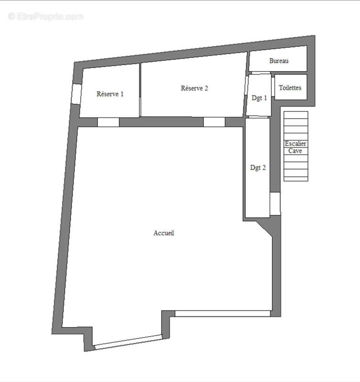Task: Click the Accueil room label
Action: (164, 233)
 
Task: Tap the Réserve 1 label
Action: (110, 94)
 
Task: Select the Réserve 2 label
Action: (194, 88)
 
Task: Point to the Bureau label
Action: (279, 61)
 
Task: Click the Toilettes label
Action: (290, 88)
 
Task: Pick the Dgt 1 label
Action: (259, 98)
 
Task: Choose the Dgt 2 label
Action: (258, 168)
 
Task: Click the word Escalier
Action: (296, 144)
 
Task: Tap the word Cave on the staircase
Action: (295, 151)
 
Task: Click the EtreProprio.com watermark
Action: (46, 17)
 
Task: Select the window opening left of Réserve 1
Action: (75, 94)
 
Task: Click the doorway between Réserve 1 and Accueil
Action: (108, 122)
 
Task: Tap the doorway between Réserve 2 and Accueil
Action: (214, 122)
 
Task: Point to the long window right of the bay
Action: (222, 314)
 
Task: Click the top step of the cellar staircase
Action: (296, 115)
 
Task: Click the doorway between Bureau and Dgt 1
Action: (260, 73)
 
